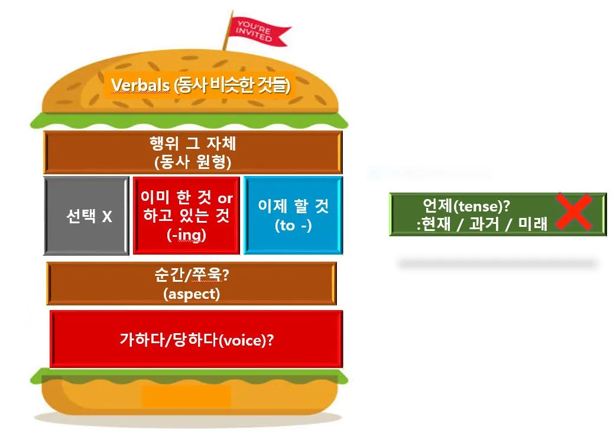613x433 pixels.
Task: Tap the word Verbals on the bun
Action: [x=140, y=86]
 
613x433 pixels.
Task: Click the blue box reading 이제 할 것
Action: [x=293, y=215]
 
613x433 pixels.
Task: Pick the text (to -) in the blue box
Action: [x=293, y=225]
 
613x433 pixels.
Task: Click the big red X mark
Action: [x=573, y=211]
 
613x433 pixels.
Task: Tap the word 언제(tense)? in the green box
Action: [x=466, y=206]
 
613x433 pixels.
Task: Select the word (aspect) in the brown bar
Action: [x=191, y=294]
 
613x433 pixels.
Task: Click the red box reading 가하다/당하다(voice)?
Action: [x=196, y=340]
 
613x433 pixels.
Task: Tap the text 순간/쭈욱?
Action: [x=191, y=276]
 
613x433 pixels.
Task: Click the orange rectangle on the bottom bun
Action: [x=186, y=396]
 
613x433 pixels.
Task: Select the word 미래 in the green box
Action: [x=533, y=224]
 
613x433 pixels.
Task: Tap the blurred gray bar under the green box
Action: [x=497, y=263]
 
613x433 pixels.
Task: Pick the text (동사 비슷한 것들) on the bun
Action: [x=232, y=86]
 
